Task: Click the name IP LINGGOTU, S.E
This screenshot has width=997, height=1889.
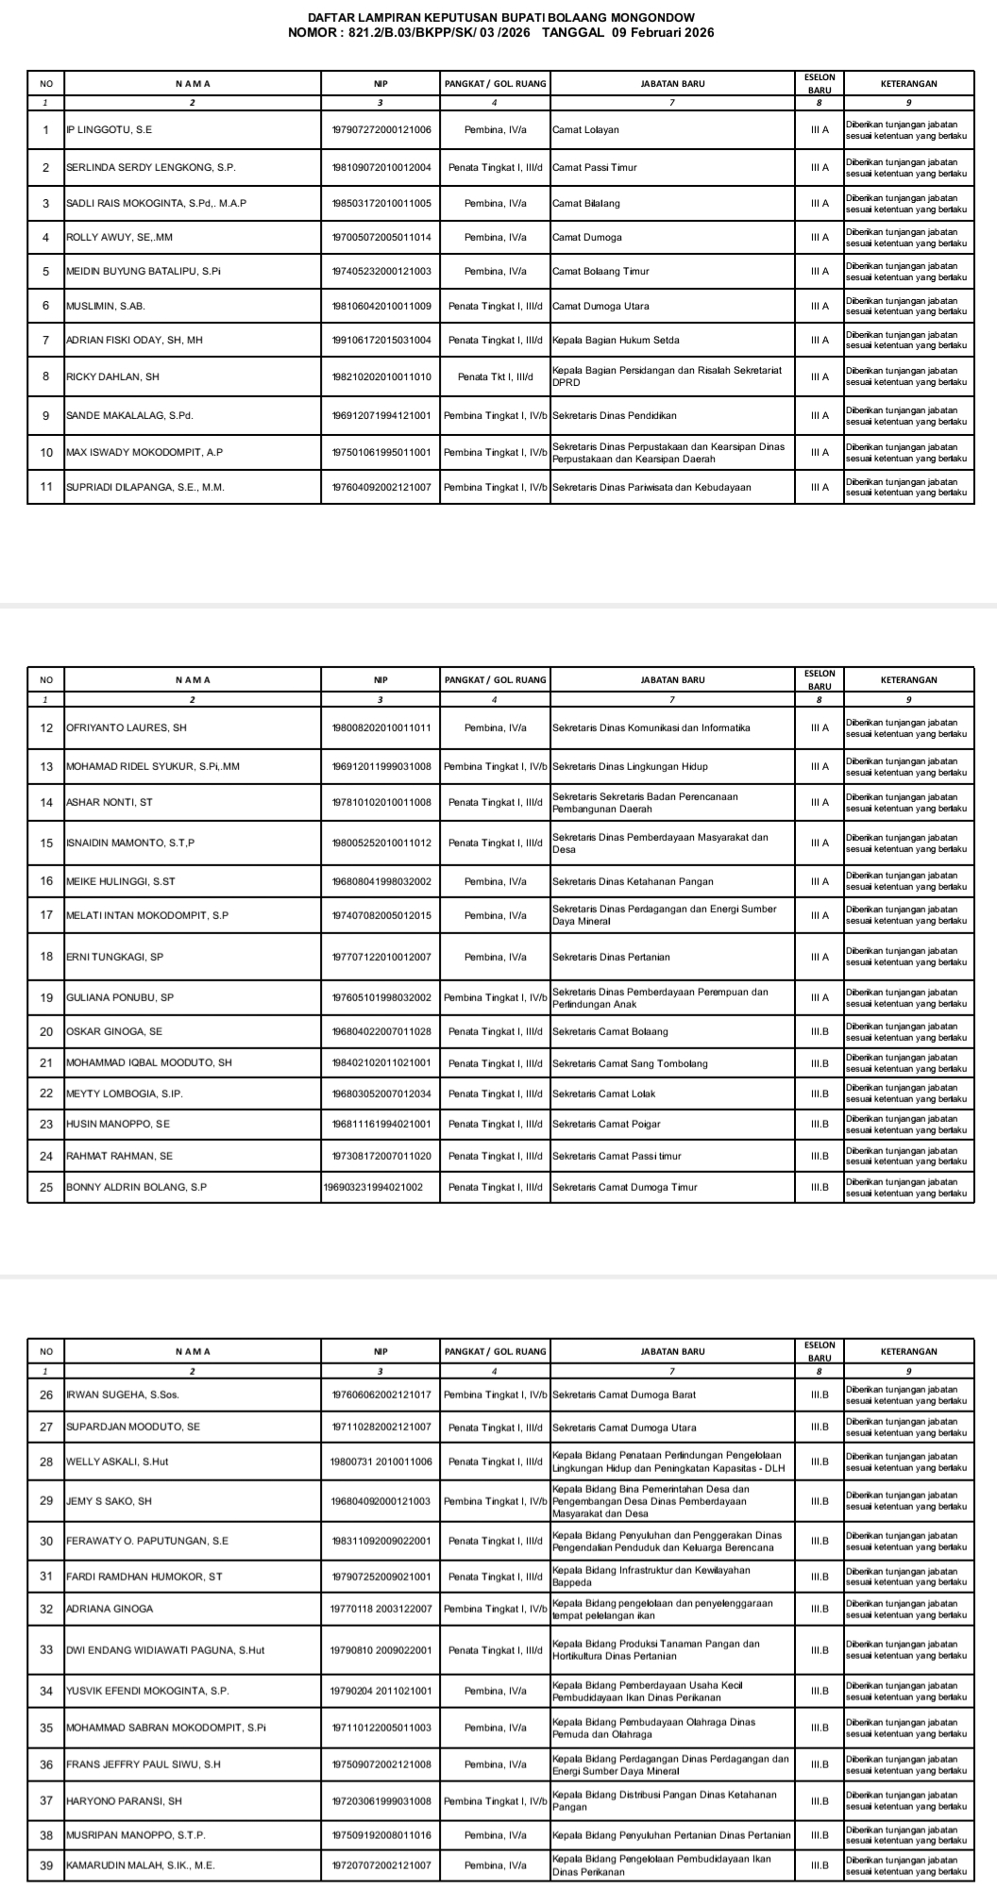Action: (110, 130)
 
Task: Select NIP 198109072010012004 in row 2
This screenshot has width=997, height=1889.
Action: (381, 168)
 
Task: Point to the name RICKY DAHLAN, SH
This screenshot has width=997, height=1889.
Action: (112, 377)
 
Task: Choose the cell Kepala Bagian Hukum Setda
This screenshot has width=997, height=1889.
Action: (616, 341)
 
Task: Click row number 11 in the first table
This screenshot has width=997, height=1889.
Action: (46, 488)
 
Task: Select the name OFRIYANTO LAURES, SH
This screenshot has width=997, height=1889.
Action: (127, 728)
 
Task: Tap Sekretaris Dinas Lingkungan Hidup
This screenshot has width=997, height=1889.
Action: (630, 766)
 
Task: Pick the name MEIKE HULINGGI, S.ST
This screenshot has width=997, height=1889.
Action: (121, 881)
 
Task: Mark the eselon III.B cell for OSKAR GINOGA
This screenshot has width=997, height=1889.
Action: (819, 1032)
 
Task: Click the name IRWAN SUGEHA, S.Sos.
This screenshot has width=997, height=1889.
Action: (123, 1395)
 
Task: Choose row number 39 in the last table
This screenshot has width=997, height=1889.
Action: (46, 1866)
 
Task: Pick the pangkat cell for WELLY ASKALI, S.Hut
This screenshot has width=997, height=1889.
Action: (496, 1462)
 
